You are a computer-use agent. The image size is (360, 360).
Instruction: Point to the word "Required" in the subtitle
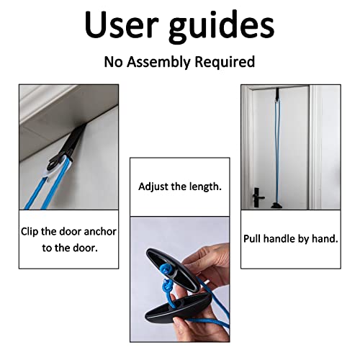225,62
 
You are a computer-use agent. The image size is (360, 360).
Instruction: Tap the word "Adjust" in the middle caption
154,186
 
